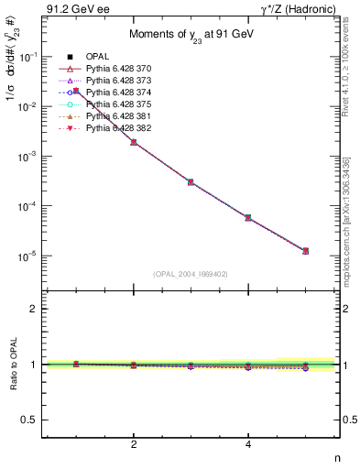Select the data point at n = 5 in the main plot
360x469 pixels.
point(305,250)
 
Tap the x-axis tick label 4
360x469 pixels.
point(248,444)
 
